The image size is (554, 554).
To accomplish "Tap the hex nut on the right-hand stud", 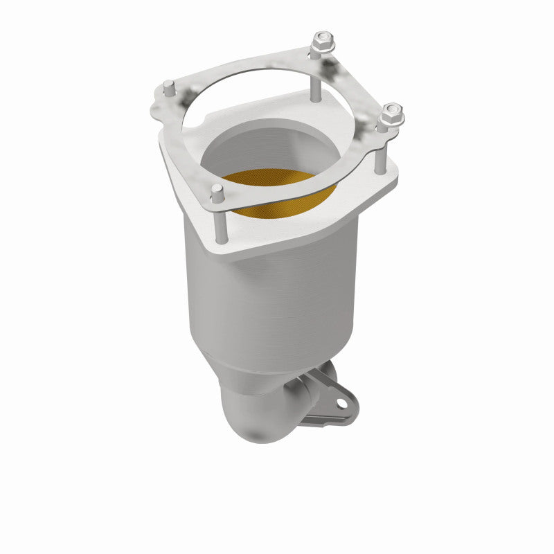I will tap(391, 115).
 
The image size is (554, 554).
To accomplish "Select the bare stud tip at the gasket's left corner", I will tap(168, 88).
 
